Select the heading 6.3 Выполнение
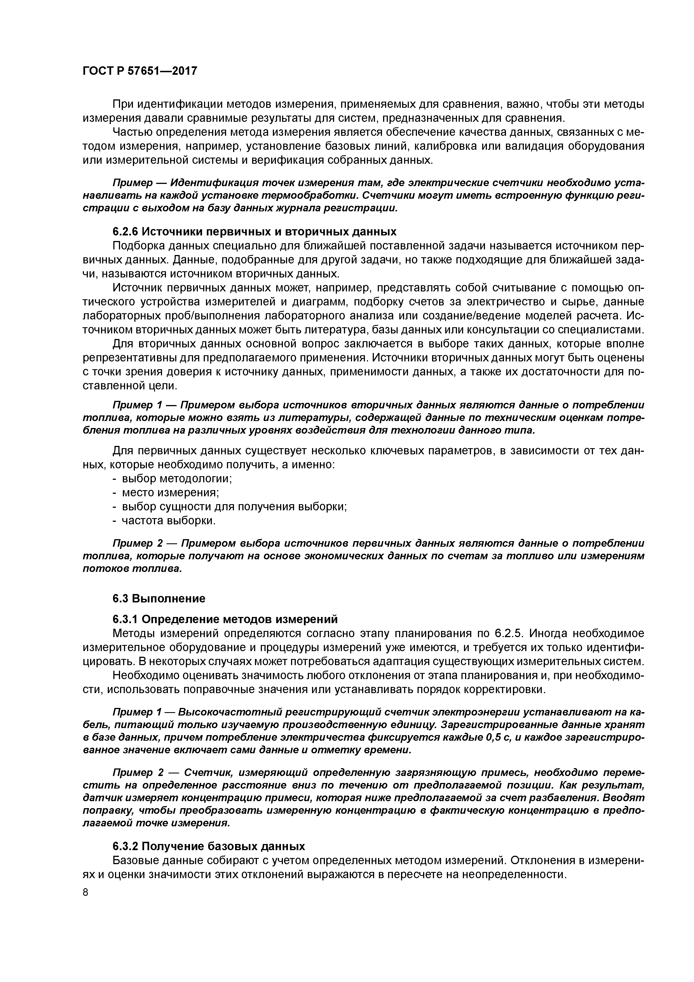[159, 598]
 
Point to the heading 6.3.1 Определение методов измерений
[225, 619]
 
